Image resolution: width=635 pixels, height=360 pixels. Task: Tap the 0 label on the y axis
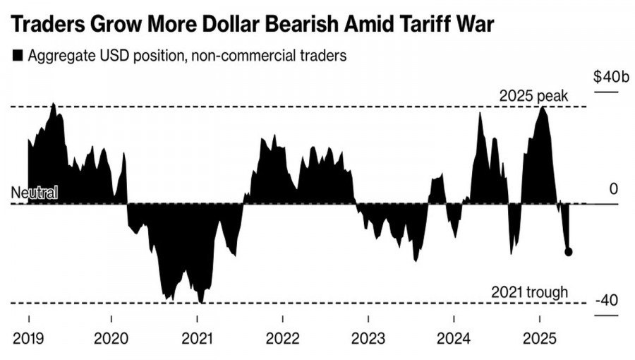click(614, 188)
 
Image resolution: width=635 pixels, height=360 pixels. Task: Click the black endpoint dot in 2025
click(569, 251)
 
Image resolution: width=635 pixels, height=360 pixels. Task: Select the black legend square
click(18, 56)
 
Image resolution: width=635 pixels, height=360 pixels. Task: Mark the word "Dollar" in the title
click(205, 25)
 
